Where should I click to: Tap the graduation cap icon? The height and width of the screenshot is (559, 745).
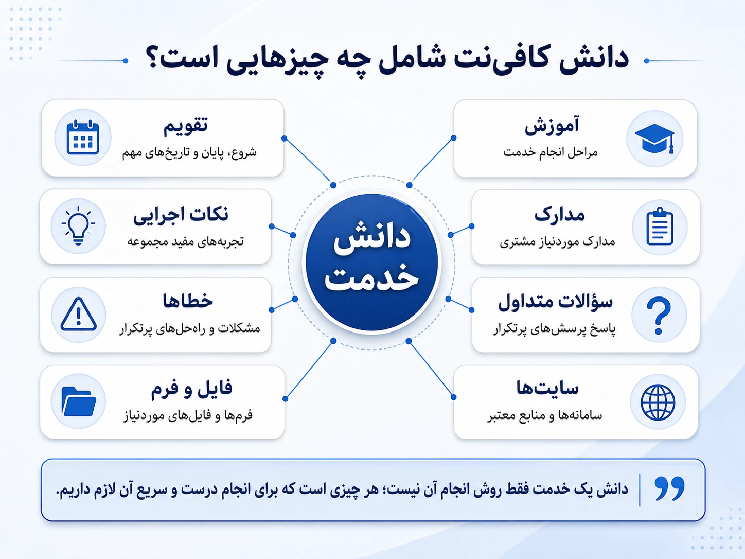pyautogui.click(x=654, y=138)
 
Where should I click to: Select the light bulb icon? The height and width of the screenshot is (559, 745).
pyautogui.click(x=78, y=225)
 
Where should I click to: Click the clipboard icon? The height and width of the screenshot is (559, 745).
pyautogui.click(x=660, y=226)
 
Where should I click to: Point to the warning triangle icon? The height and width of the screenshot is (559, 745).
pyautogui.click(x=78, y=315)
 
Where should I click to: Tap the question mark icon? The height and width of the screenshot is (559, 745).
pyautogui.click(x=659, y=316)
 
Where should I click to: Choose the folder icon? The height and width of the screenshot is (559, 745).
pyautogui.click(x=79, y=401)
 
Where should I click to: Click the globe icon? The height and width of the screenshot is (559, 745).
pyautogui.click(x=658, y=402)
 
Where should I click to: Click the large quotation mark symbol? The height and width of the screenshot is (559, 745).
pyautogui.click(x=669, y=488)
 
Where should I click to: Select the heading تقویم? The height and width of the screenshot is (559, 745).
pyautogui.click(x=185, y=126)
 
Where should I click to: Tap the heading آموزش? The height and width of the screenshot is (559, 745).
pyautogui.click(x=552, y=126)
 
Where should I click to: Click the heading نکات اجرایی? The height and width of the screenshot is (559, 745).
pyautogui.click(x=181, y=215)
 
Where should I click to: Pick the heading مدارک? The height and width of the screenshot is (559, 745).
pyautogui.click(x=559, y=215)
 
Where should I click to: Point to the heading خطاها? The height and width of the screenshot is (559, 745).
pyautogui.click(x=188, y=301)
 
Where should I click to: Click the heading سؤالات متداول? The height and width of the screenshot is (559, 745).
pyautogui.click(x=555, y=302)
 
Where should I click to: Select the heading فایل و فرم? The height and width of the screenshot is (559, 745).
pyautogui.click(x=191, y=388)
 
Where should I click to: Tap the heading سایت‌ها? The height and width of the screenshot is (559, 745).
pyautogui.click(x=547, y=388)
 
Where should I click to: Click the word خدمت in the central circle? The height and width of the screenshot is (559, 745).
pyautogui.click(x=371, y=279)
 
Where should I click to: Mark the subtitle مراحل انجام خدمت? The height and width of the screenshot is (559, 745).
pyautogui.click(x=550, y=152)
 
